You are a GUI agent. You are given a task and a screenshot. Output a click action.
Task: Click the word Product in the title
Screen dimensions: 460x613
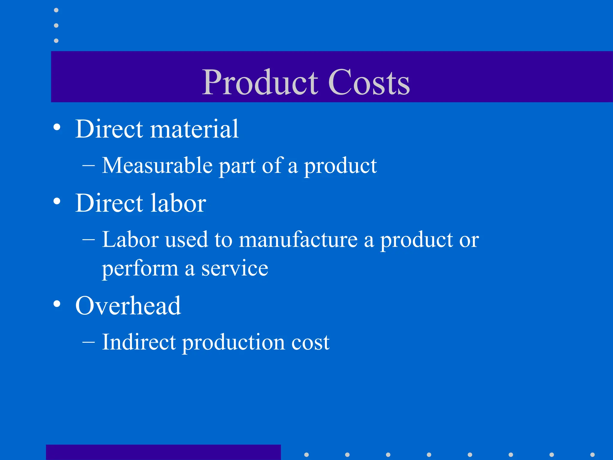(260, 82)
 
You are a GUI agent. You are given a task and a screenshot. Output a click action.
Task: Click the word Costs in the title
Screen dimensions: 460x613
(369, 82)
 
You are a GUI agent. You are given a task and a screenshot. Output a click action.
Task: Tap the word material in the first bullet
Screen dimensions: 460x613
(194, 129)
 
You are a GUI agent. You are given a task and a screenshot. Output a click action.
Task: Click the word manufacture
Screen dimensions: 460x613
(298, 240)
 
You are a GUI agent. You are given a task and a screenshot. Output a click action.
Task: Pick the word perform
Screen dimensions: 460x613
(140, 269)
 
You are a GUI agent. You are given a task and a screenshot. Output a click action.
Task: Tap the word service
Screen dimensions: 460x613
(235, 268)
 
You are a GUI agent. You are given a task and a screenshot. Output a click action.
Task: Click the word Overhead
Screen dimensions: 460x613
(128, 306)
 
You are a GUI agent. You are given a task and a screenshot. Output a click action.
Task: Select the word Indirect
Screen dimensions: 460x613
(139, 342)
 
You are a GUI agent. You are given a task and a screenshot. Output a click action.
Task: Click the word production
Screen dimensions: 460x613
(233, 343)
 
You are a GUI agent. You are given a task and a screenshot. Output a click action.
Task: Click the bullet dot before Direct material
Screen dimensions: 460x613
(57, 127)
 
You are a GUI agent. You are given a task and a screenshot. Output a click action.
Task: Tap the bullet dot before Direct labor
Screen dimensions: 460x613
(57, 202)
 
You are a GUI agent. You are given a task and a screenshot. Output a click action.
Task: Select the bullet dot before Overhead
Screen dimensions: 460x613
(57, 304)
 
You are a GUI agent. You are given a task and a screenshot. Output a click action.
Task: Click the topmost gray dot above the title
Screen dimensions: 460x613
(56, 10)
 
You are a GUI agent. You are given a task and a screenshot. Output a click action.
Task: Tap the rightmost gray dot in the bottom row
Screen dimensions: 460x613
(592, 455)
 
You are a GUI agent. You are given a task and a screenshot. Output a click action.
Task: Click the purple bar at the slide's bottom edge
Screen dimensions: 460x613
(163, 452)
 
